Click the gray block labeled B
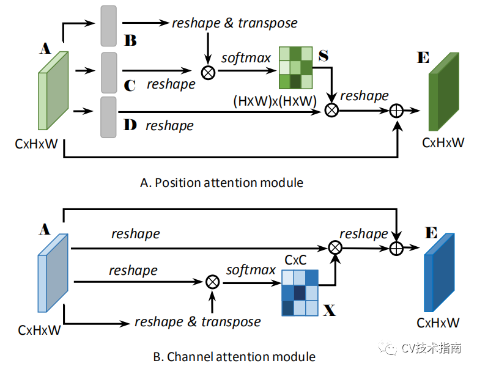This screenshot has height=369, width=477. coord(109,26)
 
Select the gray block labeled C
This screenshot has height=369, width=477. coord(109,73)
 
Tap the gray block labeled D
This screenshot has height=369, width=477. coord(108,117)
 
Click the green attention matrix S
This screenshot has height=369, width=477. coord(296,68)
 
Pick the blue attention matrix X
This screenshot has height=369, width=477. coord(300,293)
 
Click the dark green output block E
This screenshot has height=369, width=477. coord(444,92)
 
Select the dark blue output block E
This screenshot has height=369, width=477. coord(439,272)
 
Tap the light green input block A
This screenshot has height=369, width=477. coord(53,90)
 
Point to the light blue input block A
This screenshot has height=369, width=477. coord(53,273)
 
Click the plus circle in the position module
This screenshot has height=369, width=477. coord(396,111)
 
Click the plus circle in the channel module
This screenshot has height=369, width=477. coord(396,248)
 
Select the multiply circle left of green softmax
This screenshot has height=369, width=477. coord(209,73)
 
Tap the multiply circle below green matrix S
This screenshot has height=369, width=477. coord(331,110)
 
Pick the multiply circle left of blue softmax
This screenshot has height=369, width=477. coord(212,282)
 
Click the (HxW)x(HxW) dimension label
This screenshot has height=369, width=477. coord(275,101)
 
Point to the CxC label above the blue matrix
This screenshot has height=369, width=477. coord(296,260)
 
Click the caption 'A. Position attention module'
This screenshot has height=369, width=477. coord(221,183)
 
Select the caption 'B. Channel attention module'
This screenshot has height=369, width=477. coord(234,357)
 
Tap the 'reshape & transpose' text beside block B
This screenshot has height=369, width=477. coord(235,23)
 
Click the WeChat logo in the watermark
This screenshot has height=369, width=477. coord(387,348)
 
